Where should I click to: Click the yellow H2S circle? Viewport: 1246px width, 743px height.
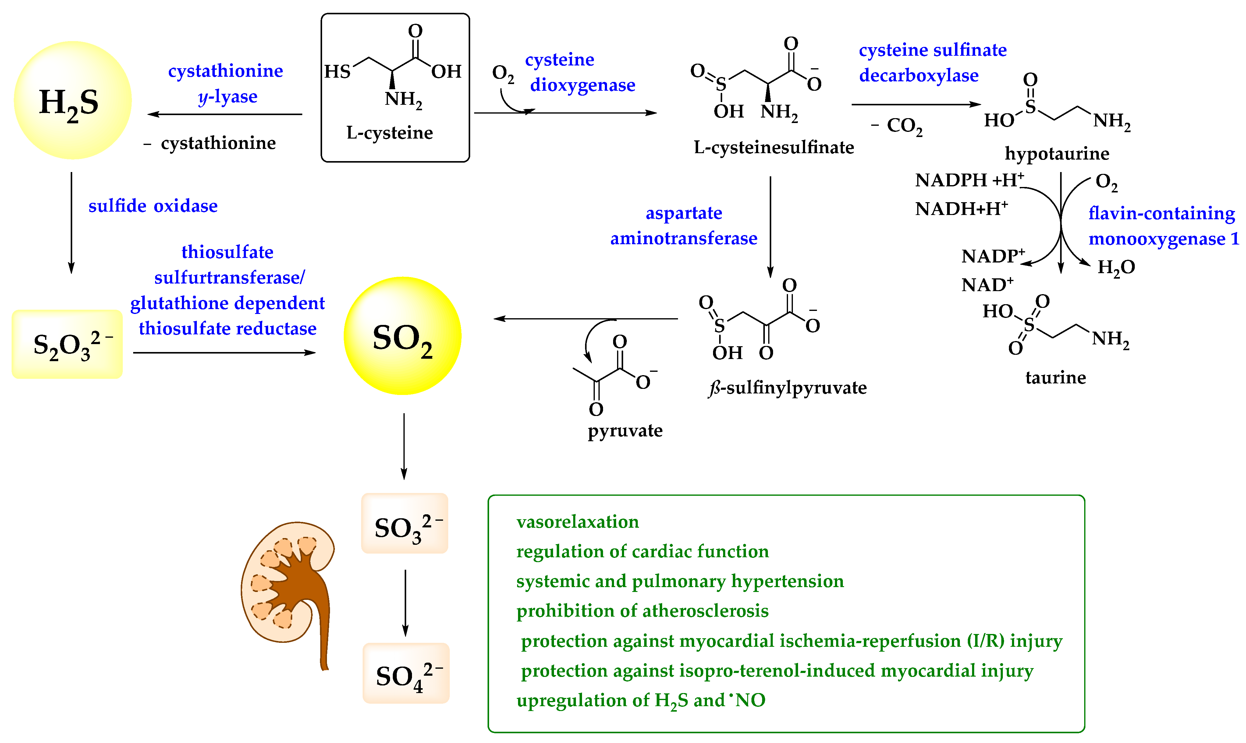click(x=73, y=100)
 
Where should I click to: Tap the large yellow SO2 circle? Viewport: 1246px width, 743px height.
click(x=402, y=336)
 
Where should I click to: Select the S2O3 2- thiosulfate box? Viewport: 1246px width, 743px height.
click(x=67, y=344)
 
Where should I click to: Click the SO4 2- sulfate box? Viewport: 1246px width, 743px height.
click(x=406, y=673)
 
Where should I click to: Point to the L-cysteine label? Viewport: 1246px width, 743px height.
click(x=389, y=133)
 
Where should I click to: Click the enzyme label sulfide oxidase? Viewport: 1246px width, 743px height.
click(x=153, y=206)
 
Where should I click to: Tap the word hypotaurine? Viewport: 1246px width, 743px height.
click(x=1057, y=153)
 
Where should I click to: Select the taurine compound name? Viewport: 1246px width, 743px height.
click(x=1055, y=377)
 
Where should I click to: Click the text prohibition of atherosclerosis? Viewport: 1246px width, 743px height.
click(x=642, y=611)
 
